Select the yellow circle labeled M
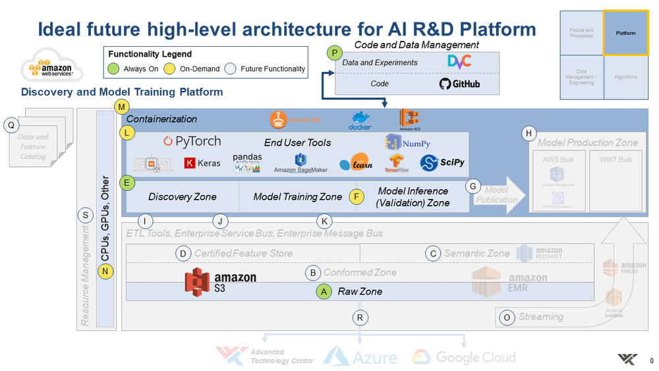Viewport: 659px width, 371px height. tap(123, 107)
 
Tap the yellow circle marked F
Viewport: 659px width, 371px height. tap(357, 196)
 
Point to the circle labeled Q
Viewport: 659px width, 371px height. tap(12, 125)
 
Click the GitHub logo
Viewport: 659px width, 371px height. tap(459, 84)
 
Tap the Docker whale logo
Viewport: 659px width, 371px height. tap(360, 121)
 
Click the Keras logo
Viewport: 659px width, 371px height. tap(202, 162)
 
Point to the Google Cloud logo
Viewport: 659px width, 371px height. tap(463, 357)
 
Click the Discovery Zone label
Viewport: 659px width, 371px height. tap(178, 196)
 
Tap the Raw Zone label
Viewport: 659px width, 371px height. tap(360, 291)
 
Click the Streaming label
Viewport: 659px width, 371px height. tap(540, 316)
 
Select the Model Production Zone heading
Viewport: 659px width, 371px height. tap(587, 142)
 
